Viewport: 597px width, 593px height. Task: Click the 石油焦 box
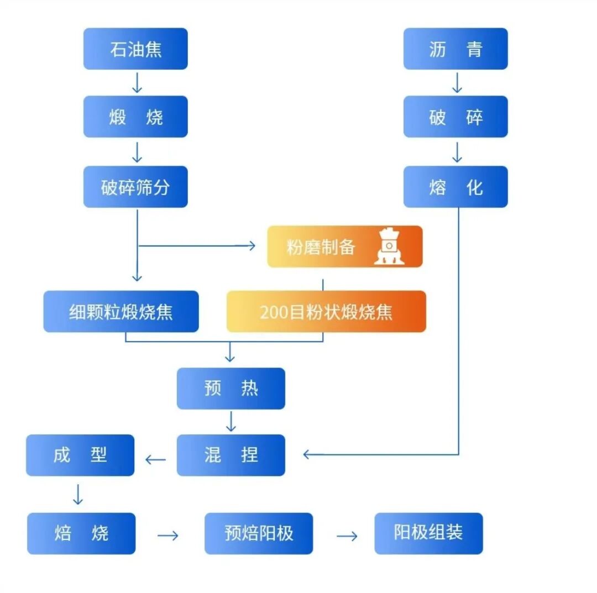click(135, 49)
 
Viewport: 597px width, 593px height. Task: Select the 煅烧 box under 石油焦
click(135, 117)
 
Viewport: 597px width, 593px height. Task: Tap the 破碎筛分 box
click(135, 187)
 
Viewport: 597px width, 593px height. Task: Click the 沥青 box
click(455, 49)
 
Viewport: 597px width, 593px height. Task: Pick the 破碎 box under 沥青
click(455, 117)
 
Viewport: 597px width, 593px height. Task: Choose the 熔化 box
click(455, 187)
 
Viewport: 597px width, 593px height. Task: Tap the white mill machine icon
click(389, 246)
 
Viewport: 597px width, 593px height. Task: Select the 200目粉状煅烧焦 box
click(326, 312)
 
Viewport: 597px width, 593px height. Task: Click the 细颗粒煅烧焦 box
click(121, 312)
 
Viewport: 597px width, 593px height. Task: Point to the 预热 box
click(231, 389)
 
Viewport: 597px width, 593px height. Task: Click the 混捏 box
click(231, 455)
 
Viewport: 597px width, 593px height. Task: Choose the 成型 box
click(80, 455)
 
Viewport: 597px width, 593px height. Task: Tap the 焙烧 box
click(81, 533)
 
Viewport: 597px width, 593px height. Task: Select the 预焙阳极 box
click(259, 533)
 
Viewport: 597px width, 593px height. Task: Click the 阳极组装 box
click(428, 533)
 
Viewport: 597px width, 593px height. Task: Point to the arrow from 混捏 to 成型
click(155, 459)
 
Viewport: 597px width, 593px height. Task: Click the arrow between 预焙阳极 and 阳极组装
click(347, 536)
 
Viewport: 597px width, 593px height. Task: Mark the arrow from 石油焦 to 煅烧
click(137, 83)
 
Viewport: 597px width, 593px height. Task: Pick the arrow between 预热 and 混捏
click(231, 422)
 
